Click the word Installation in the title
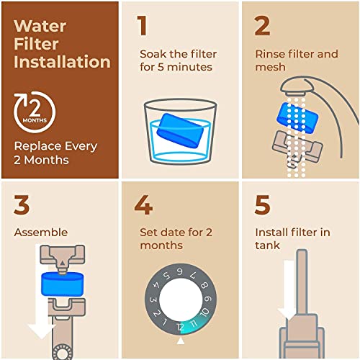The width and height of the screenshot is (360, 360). pos(63,62)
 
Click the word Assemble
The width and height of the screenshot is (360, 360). pos(41,233)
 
